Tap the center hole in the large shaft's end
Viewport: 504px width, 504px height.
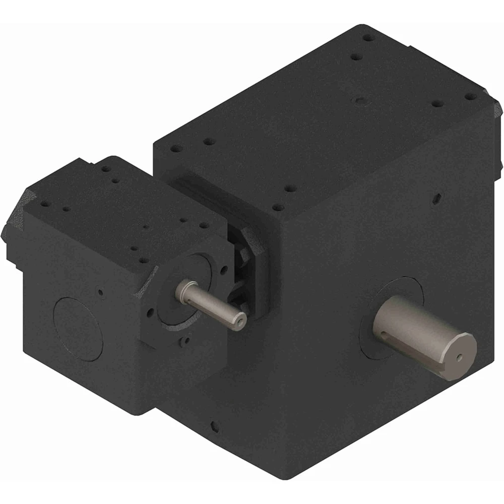tap(459, 357)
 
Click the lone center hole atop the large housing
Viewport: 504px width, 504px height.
tap(359, 101)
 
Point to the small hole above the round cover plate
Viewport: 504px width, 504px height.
tap(101, 291)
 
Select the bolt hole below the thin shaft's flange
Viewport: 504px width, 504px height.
tap(185, 341)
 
